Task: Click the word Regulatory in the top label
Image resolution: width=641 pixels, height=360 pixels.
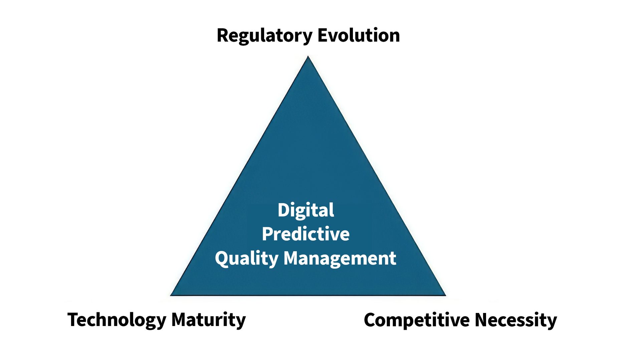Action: (264, 35)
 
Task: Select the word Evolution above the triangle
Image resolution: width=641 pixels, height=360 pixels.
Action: (359, 35)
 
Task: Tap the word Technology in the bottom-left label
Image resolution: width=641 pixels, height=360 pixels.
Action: (117, 320)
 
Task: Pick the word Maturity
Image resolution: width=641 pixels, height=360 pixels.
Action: (208, 320)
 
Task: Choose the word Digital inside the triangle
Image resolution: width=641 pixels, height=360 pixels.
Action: (306, 210)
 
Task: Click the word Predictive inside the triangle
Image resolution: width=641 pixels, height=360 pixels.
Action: (306, 234)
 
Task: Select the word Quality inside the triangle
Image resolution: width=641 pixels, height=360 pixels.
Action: (246, 258)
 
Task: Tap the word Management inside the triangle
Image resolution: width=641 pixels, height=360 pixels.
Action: (340, 258)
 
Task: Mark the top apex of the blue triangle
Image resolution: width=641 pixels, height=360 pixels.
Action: (308, 57)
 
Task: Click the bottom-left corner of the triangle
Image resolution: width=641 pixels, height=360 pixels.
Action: (171, 295)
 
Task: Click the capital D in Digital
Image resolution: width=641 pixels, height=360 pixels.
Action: (284, 210)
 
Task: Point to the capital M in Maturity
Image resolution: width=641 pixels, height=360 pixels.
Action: (181, 320)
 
